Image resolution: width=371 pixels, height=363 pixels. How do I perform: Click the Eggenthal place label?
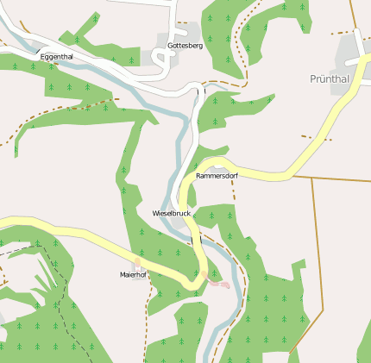(57, 57)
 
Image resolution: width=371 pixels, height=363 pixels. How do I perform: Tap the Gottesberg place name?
(185, 46)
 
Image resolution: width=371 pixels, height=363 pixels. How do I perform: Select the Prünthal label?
(330, 78)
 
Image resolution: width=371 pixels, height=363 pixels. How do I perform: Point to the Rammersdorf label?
(217, 176)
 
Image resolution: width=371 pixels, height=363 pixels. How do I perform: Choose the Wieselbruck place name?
(171, 213)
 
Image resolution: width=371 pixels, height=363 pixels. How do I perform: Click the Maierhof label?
(134, 275)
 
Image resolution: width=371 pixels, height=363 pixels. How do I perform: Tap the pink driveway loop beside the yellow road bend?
(219, 283)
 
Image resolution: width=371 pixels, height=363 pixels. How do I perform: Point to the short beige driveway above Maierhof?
(136, 262)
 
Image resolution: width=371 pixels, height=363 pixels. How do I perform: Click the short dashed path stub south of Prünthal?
(316, 137)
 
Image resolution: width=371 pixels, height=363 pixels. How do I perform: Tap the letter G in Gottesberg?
(170, 46)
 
